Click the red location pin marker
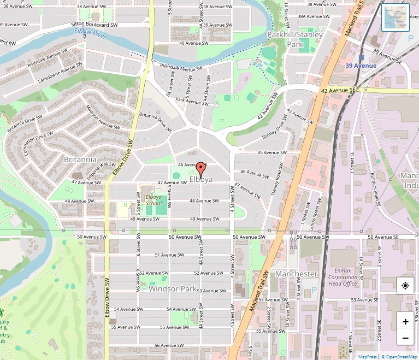pos(200,169)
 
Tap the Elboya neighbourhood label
pos(201,179)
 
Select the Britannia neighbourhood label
pos(80,160)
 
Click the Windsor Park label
pos(172,288)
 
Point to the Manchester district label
pos(296,273)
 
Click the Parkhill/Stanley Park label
pos(294,39)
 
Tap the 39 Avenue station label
pos(361,66)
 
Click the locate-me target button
pos(405,286)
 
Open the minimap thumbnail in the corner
pos(396,17)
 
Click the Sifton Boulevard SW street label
pos(95,25)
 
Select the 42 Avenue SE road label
pos(338,90)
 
